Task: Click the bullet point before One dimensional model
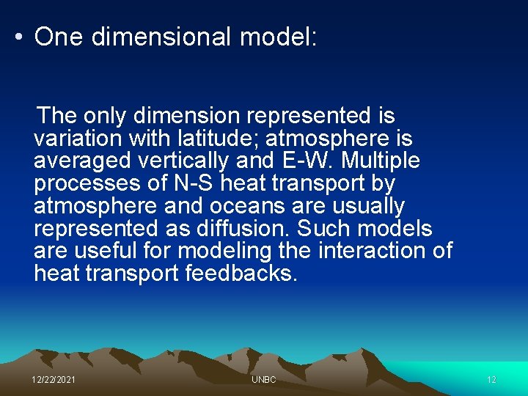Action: (18, 37)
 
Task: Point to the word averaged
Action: (82, 161)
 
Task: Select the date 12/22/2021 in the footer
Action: (53, 380)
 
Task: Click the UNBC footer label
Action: (263, 380)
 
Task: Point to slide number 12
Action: (491, 380)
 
